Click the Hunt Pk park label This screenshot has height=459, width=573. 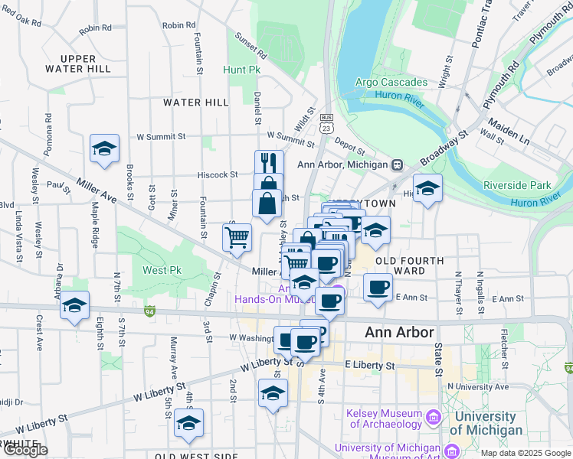coord(245,70)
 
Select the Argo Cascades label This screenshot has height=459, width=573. coord(391,82)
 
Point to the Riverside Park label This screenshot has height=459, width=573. coord(517,185)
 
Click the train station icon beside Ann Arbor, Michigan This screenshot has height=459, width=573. coord(397,164)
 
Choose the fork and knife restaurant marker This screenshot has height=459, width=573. coord(269,162)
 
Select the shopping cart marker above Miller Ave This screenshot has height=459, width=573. coord(237,237)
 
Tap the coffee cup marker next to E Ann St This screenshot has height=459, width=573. coord(378,287)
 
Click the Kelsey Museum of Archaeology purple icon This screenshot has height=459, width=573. coord(434,417)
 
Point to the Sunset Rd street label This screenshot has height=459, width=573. coord(250,45)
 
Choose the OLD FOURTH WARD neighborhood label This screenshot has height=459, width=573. coord(410,265)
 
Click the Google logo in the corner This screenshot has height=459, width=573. coord(25,450)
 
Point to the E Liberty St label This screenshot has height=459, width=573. coord(369,366)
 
